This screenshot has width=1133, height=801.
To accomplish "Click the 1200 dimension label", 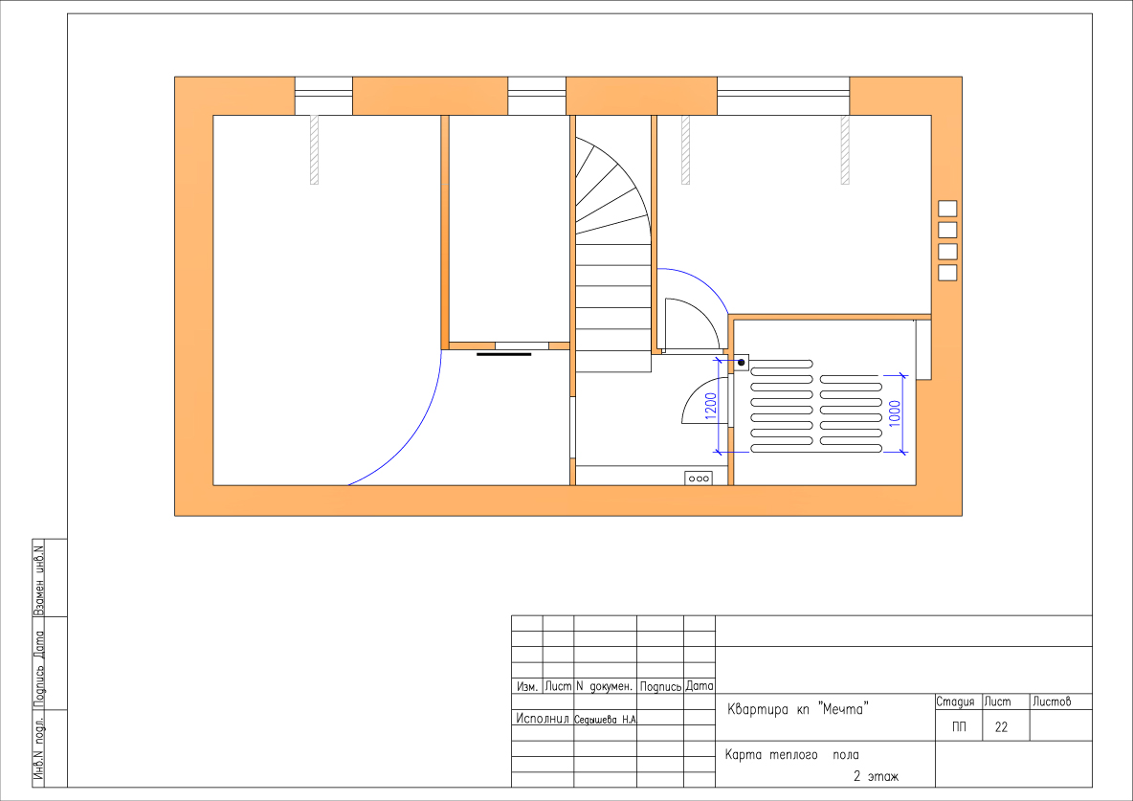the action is pos(710,407).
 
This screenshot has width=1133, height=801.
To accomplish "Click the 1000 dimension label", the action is pos(896,413).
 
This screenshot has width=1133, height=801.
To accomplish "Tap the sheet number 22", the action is pos(1001,727).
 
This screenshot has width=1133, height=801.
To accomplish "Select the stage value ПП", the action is pos(959,727).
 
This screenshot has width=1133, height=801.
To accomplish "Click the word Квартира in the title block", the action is pos(758,710).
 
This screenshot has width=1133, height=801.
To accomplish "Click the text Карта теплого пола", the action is pos(792,755).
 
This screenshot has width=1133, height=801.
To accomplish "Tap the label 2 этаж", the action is pos(876,777).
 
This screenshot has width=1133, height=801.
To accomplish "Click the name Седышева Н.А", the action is pos(605,720).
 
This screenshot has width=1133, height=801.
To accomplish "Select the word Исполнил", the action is pos(543,719).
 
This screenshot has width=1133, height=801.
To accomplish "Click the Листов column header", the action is pos(1052,701).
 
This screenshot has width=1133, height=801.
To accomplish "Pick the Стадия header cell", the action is pos(955,702).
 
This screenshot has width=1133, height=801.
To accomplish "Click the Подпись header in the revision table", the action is pos(660,687).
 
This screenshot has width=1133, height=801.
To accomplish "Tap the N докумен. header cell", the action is pos(604,686).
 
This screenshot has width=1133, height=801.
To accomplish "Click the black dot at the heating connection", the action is pos(742,362).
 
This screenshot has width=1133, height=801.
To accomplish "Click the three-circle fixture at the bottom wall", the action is pos(699,478).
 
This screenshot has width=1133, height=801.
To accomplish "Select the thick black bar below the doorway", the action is pos(503,354).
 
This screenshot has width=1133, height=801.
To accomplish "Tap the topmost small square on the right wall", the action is pos(947,209).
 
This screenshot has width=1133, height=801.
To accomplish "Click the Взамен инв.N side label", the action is pos(39,578).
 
